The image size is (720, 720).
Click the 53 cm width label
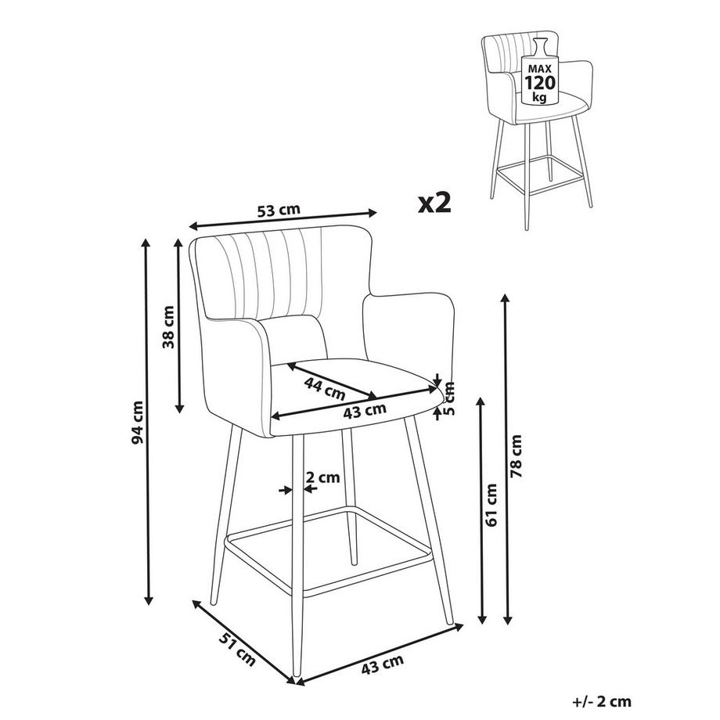tap(279, 211)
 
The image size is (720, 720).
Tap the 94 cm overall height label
tap(137, 423)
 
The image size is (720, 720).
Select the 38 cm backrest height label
tap(168, 327)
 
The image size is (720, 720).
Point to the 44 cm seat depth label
tap(325, 388)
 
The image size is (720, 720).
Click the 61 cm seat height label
tap(491, 505)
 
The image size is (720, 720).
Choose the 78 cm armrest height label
tap(516, 456)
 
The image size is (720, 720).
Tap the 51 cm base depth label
tap(237, 650)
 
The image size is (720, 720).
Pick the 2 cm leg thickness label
tap(322, 477)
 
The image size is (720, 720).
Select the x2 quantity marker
tap(434, 203)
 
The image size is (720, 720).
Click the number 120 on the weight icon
tap(540, 83)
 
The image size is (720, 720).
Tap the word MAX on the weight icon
tap(540, 69)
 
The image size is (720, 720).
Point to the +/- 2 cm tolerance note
tap(602, 702)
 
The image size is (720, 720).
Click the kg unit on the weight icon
tap(539, 98)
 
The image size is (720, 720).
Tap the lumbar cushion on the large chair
tap(296, 340)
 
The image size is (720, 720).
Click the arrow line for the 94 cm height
tap(147, 422)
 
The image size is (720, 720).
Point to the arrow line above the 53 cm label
tap(283, 219)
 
